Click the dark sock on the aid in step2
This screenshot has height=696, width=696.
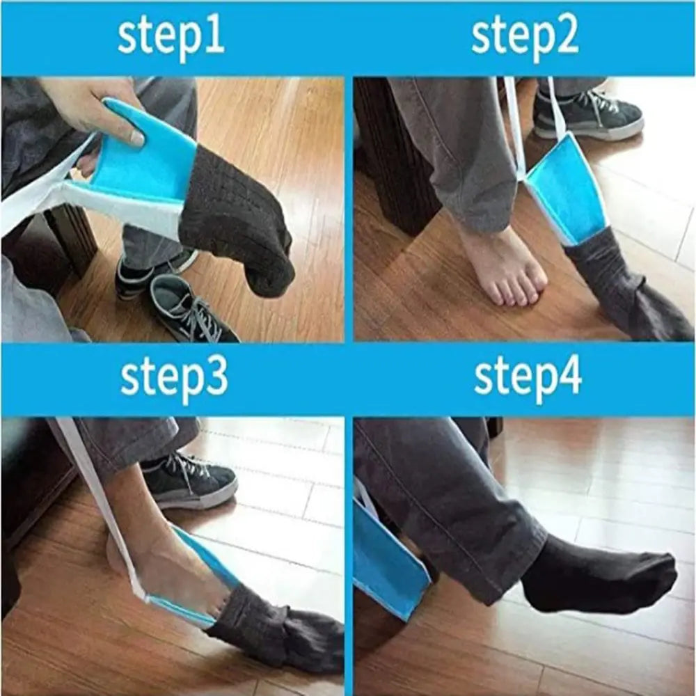click(619, 292)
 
